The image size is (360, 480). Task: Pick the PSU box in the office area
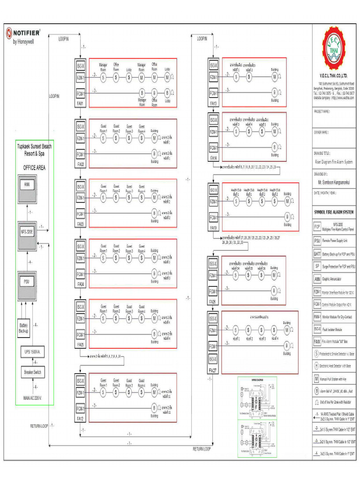point(27,283)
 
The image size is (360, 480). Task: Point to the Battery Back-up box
point(24,328)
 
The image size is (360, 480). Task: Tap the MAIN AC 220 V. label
point(33,397)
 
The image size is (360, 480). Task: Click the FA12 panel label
point(80,419)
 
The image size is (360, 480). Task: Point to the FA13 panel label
point(213,104)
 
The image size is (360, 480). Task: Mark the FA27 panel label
point(213,370)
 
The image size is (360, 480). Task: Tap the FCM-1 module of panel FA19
point(213,217)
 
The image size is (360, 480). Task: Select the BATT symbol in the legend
point(317,253)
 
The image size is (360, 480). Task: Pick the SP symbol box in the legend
point(317,266)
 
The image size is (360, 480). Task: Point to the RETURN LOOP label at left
point(39,426)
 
